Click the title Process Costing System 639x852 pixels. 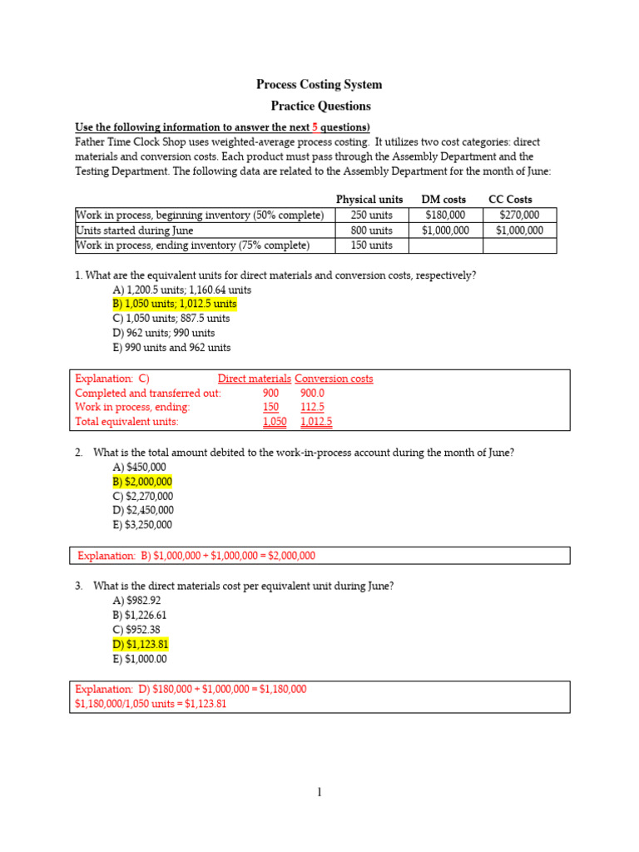(319, 85)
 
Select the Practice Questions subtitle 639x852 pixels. (320, 106)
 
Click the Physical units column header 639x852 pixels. (369, 200)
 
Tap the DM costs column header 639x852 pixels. (443, 200)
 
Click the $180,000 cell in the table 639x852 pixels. (444, 215)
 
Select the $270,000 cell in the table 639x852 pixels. (519, 215)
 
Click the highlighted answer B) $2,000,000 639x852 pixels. (142, 482)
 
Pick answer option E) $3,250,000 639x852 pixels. (142, 525)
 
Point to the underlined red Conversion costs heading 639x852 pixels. (334, 379)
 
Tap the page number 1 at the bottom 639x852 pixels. (319, 793)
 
